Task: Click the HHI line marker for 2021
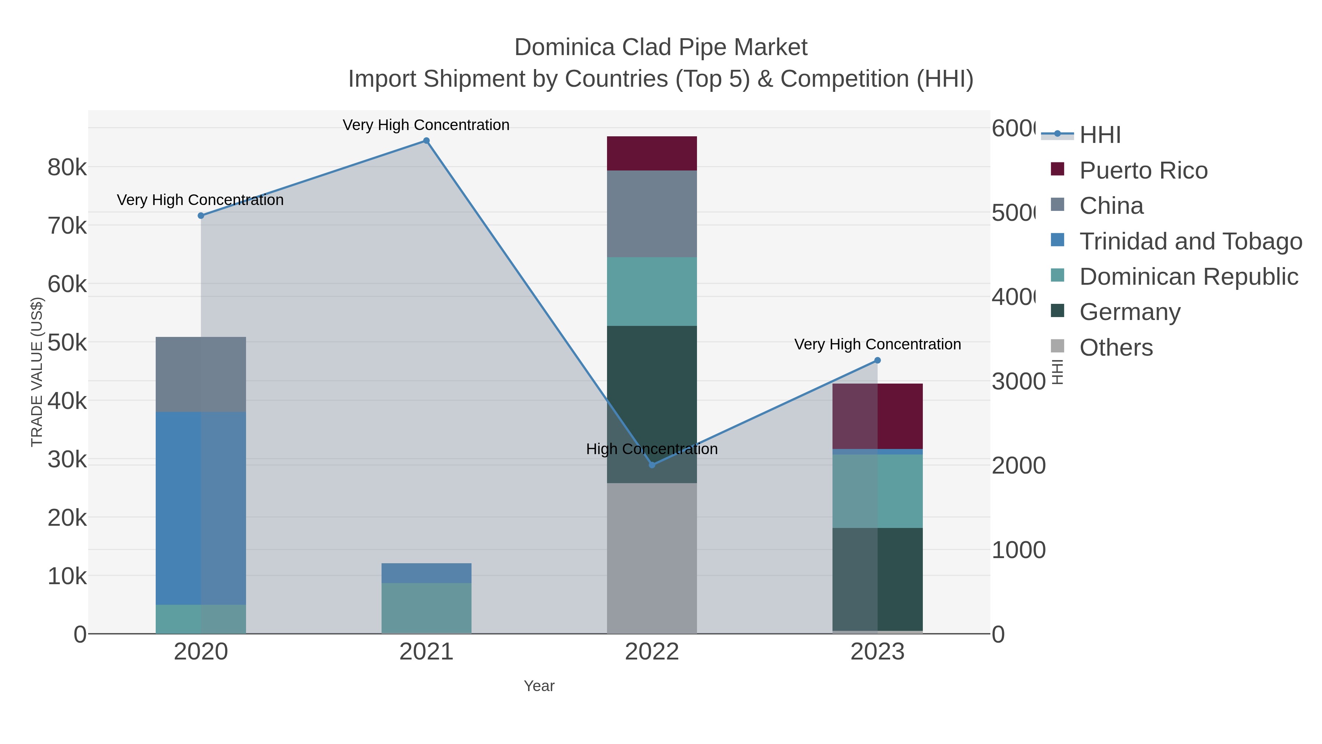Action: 426,141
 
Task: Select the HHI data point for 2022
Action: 652,465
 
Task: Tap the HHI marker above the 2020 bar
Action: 201,216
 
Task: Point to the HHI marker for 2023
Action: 877,360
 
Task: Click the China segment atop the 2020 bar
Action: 201,374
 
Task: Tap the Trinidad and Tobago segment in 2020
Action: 201,508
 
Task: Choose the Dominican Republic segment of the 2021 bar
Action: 426,608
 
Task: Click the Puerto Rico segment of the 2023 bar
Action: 877,416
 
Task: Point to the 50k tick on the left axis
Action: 67,342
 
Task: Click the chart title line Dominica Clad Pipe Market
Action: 661,47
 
